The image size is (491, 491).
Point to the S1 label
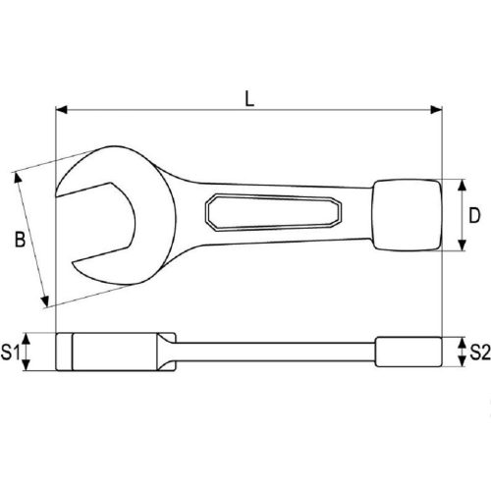tap(13, 352)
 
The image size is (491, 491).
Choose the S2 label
tap(478, 352)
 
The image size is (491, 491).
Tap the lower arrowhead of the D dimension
tap(461, 246)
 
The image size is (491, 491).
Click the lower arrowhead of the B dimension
tap(43, 301)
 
